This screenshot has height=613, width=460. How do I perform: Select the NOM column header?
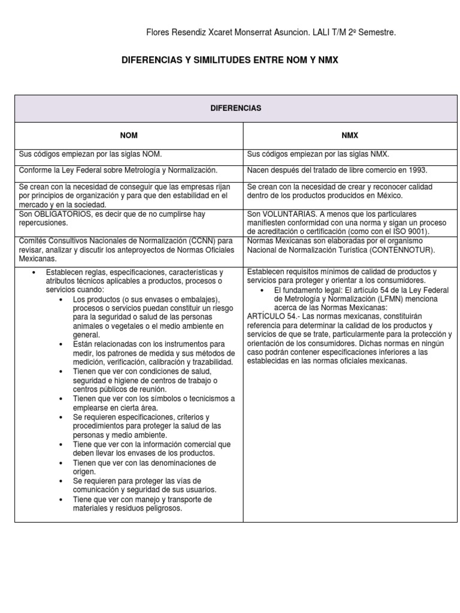coord(129,136)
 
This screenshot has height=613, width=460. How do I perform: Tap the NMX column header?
coord(351,136)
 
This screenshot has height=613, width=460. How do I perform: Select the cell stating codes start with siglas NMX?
coord(319,154)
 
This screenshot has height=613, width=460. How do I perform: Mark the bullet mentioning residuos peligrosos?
coord(143,504)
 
